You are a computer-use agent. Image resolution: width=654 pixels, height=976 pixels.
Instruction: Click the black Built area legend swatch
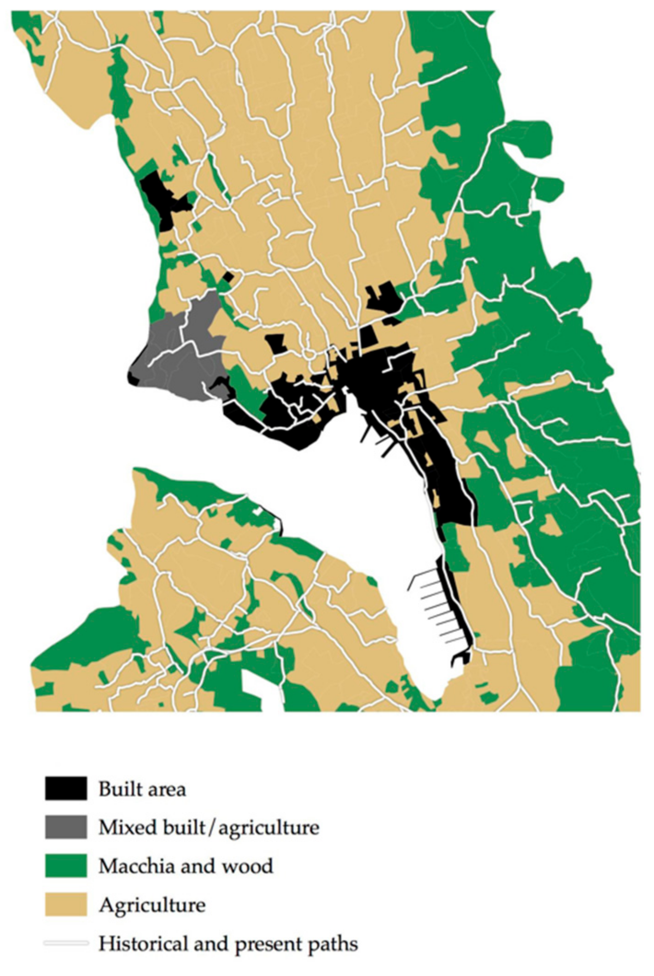point(66,789)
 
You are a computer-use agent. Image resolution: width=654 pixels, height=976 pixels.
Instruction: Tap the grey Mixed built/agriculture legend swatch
point(66,827)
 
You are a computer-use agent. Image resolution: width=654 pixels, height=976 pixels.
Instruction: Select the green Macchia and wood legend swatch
point(66,866)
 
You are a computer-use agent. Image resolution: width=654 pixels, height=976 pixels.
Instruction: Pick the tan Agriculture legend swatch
point(66,905)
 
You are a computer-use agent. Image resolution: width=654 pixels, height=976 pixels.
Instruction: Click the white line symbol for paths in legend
point(66,943)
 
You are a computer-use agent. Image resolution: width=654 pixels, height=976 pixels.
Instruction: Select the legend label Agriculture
point(152,906)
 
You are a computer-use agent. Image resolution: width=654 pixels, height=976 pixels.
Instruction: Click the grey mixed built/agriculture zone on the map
point(180,359)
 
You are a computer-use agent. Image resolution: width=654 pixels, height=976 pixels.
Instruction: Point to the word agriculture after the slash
point(269,828)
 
